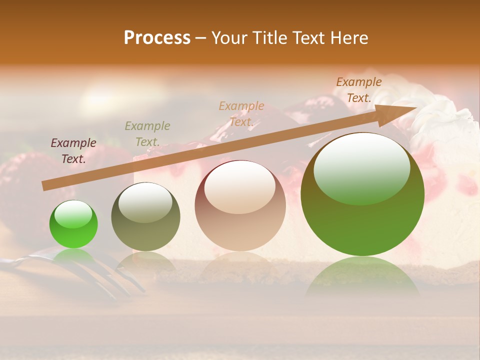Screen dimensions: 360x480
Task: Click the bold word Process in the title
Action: tap(157, 38)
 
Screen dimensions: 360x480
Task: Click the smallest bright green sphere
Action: tap(73, 224)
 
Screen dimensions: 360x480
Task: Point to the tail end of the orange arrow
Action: tap(44, 186)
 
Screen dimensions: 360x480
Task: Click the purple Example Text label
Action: tap(73, 151)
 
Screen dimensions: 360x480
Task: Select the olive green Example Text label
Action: tap(147, 134)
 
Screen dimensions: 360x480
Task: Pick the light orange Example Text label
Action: tap(241, 113)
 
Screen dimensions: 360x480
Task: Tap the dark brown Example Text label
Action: tap(359, 90)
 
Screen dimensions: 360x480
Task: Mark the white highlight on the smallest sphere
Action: tap(73, 214)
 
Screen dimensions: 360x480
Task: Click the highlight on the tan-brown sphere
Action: tap(239, 187)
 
